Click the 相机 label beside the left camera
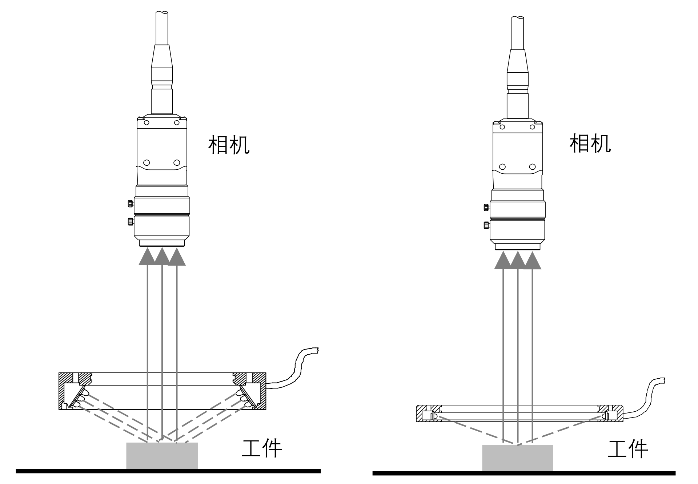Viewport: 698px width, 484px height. coord(229,145)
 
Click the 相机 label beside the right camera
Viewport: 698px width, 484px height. coord(590,144)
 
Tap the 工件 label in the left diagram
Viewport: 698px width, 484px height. coord(262,449)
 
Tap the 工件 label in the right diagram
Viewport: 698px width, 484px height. coord(628,450)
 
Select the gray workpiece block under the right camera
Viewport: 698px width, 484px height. coord(517,457)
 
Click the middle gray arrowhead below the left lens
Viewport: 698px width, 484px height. coord(162,256)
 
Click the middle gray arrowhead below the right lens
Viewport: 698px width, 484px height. coord(518,259)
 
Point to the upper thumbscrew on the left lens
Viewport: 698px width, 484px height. coord(130,203)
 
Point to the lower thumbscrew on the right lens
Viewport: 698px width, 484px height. coord(486,225)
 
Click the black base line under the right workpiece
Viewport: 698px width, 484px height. coord(523,473)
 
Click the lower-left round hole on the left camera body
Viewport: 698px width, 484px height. coord(147,162)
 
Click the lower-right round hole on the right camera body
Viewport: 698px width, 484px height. coord(532,167)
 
